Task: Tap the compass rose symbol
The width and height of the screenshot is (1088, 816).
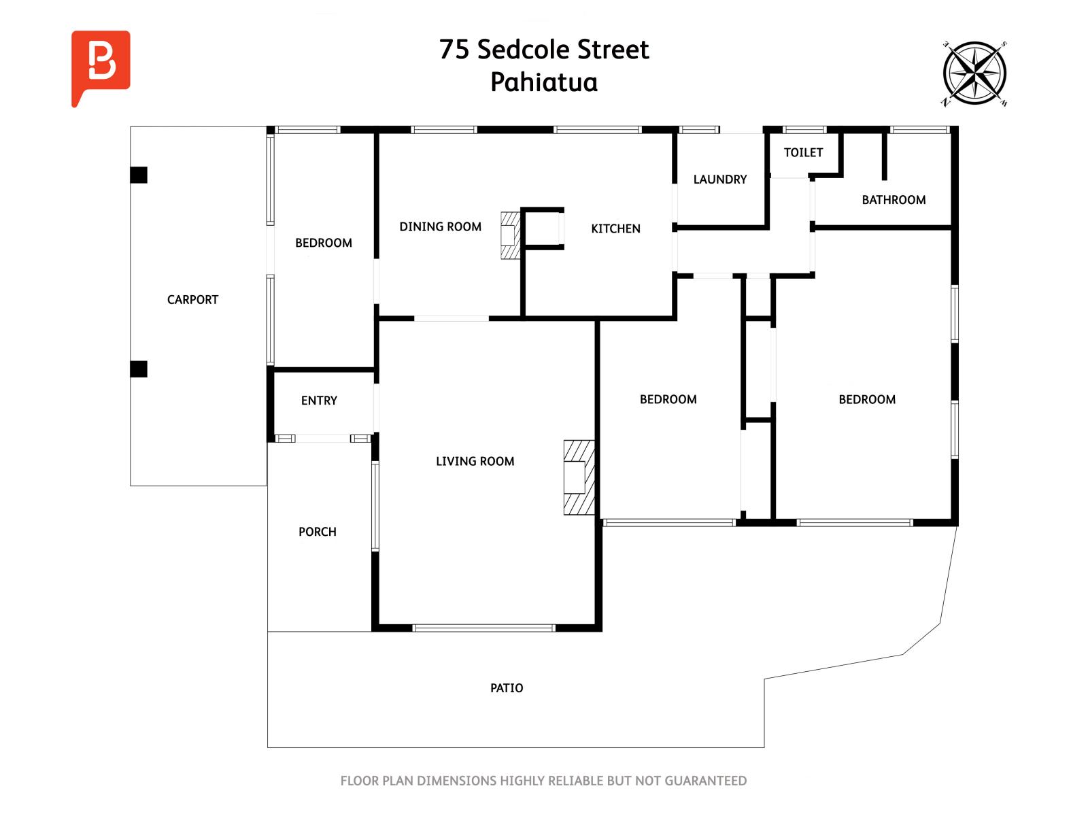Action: click(x=974, y=73)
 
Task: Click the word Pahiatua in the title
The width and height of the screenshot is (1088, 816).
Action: click(x=544, y=82)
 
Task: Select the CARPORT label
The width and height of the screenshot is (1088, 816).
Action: click(x=192, y=300)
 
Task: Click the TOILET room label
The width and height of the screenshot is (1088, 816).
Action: click(x=803, y=152)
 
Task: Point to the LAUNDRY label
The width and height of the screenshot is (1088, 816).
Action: click(x=719, y=180)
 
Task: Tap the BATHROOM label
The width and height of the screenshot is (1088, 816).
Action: click(x=894, y=200)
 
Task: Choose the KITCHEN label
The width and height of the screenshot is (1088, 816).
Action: click(x=615, y=228)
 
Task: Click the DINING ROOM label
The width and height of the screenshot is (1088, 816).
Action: click(x=440, y=226)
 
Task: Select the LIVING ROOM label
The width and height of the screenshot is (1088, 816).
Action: click(x=475, y=461)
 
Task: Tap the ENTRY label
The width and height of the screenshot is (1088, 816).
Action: click(x=319, y=401)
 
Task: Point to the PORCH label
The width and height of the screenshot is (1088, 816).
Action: click(x=318, y=532)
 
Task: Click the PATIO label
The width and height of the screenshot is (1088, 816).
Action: click(x=506, y=687)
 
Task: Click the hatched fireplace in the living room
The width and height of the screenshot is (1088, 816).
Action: click(x=579, y=477)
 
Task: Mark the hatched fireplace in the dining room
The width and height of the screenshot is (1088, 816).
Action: click(x=510, y=235)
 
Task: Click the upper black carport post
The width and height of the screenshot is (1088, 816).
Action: click(x=139, y=175)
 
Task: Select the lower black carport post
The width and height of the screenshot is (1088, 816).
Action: click(x=139, y=369)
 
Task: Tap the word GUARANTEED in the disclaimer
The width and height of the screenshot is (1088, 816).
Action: click(x=705, y=781)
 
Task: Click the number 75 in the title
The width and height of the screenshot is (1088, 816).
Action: click(x=454, y=50)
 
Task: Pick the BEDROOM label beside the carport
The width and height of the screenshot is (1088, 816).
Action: click(x=323, y=243)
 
